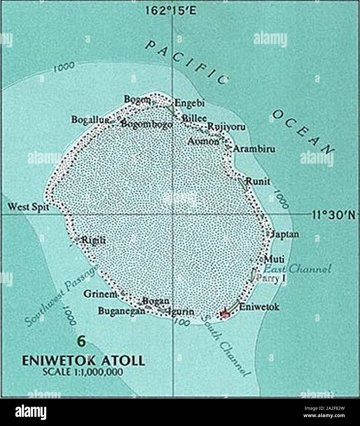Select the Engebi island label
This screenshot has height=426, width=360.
[x=189, y=103]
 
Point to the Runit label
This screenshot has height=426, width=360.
[x=258, y=182]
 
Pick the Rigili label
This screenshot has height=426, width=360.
[x=94, y=241]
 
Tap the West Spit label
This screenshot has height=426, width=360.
[x=28, y=207]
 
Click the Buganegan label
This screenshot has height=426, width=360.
[x=121, y=311]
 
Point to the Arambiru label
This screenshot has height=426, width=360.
[x=254, y=149]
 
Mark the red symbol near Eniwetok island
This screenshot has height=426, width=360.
[x=225, y=314]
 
